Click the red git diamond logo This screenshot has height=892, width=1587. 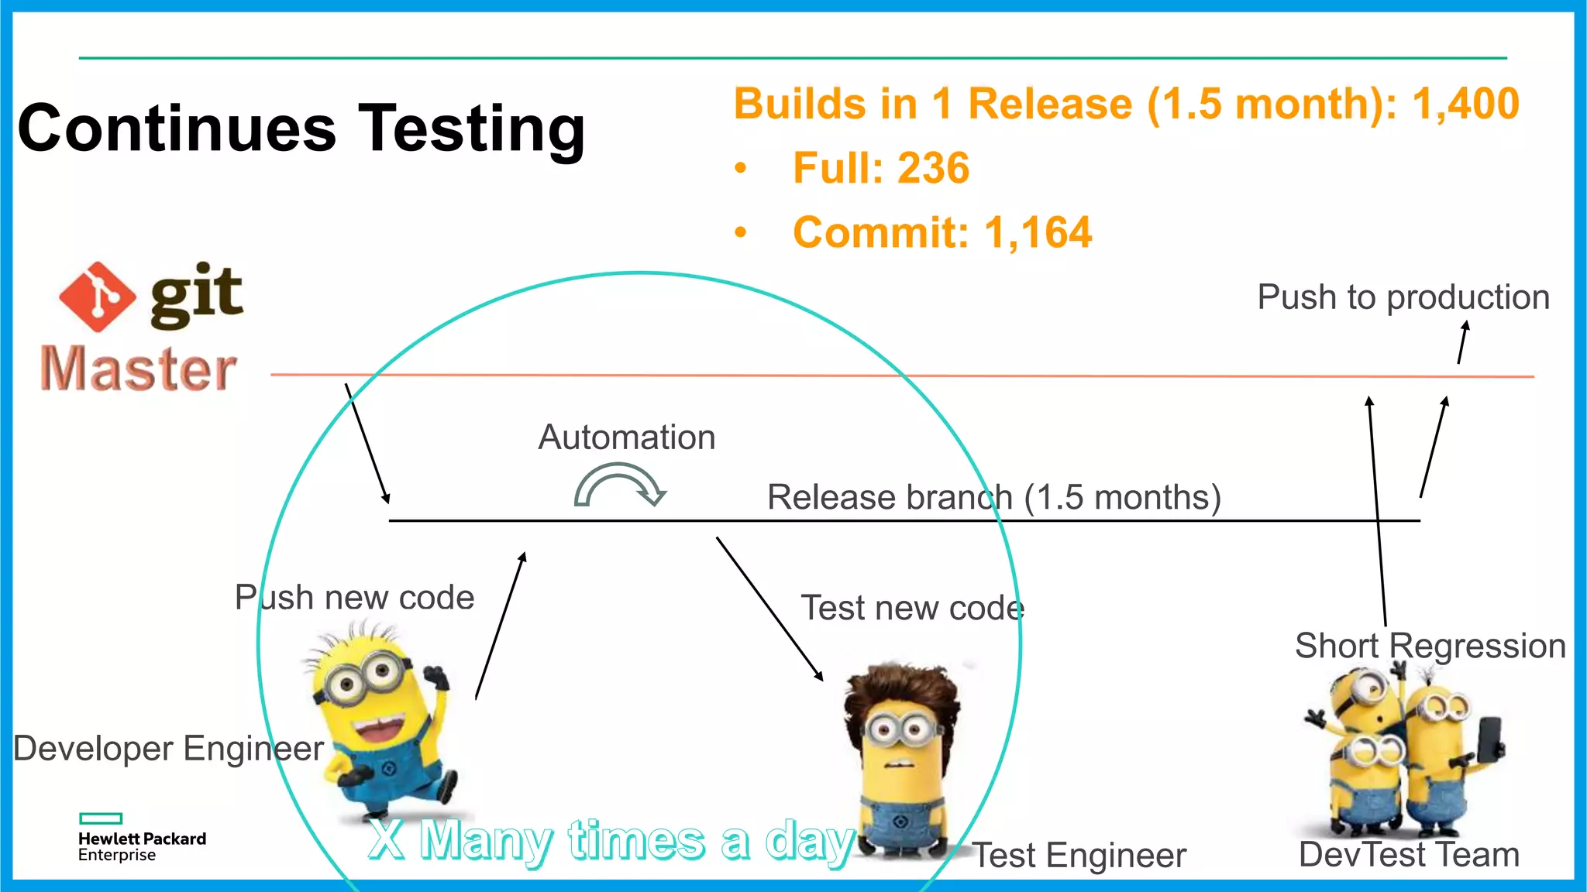click(97, 297)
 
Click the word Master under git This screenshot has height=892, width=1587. click(138, 369)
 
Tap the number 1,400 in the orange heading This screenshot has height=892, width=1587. click(1465, 104)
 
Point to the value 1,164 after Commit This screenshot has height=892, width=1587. click(1038, 232)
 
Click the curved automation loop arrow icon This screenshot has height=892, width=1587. click(619, 485)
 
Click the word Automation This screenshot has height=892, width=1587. click(626, 437)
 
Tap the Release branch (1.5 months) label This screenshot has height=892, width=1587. click(993, 497)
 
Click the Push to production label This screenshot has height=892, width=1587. click(1403, 297)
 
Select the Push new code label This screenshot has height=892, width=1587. click(354, 598)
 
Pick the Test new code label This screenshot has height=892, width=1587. click(912, 608)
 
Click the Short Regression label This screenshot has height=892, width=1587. click(1430, 646)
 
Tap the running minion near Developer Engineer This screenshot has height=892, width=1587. click(380, 720)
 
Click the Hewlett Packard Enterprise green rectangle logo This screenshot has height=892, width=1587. click(101, 818)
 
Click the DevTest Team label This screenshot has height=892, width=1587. click(1408, 855)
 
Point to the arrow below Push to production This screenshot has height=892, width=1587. click(1462, 342)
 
